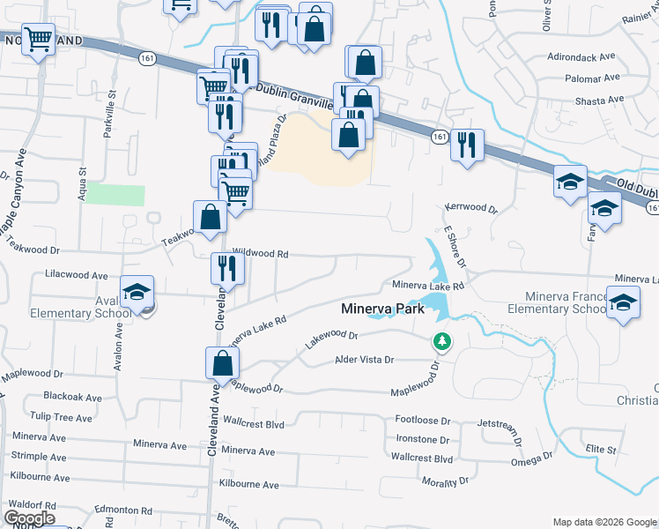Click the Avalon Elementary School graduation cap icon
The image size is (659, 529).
(137, 293)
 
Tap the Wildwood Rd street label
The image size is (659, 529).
(260, 253)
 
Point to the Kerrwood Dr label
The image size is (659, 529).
(471, 211)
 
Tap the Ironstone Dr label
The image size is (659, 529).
(422, 439)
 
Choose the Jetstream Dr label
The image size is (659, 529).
(502, 424)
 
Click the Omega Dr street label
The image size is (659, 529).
(531, 458)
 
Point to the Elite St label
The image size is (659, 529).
(601, 450)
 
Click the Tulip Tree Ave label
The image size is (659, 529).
(61, 417)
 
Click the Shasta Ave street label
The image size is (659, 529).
(599, 101)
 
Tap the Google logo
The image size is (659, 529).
(29, 518)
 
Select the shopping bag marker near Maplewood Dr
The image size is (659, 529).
(223, 361)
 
